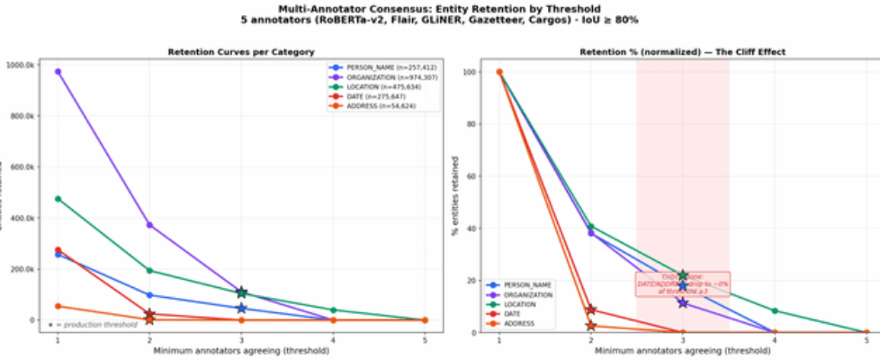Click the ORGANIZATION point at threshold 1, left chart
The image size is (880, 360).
click(x=58, y=71)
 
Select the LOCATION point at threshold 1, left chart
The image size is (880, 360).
click(x=58, y=198)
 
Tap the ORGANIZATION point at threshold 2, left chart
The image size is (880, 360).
click(x=149, y=224)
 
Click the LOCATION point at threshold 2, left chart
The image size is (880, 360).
click(x=149, y=270)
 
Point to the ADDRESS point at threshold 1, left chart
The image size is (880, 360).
click(x=58, y=306)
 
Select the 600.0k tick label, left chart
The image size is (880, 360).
click(x=22, y=166)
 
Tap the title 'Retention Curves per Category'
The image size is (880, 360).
click(x=240, y=52)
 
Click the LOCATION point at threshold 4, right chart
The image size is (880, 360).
click(x=775, y=310)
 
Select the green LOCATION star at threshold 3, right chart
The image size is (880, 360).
click(x=683, y=275)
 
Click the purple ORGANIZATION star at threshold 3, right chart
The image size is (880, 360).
click(x=683, y=302)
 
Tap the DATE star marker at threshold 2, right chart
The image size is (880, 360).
click(x=591, y=310)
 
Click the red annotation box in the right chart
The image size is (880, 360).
click(x=683, y=283)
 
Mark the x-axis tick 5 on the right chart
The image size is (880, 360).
click(x=867, y=340)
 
